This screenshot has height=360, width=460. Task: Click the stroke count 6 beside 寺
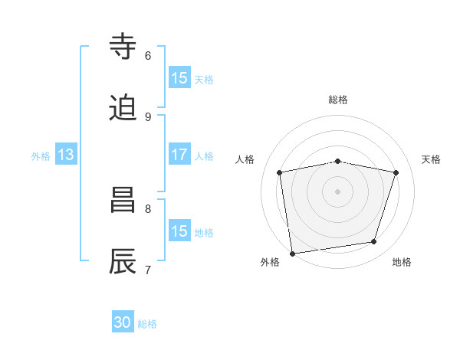[x=148, y=55]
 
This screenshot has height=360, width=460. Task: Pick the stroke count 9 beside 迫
[x=148, y=116]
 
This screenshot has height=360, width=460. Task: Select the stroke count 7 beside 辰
[x=148, y=270]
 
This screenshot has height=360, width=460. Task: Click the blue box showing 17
[x=179, y=155]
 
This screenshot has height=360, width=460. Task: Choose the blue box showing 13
[x=66, y=155]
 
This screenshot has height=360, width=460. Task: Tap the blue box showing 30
[x=123, y=323]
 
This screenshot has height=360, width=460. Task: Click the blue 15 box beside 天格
[x=179, y=78]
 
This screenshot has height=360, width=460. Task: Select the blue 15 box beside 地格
[x=179, y=231]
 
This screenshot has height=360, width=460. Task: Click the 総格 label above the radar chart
[x=338, y=100]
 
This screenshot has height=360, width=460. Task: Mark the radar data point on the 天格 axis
[x=396, y=172]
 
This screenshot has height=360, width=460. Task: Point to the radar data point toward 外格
[x=292, y=254]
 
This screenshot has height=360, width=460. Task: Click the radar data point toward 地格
[x=374, y=242]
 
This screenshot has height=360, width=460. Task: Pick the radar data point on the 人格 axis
[x=280, y=172]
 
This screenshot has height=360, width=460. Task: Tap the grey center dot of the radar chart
[x=338, y=191]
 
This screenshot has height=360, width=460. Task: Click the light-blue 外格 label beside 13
[x=41, y=155]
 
